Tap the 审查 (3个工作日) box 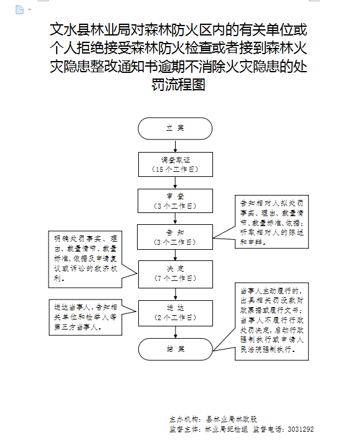(175, 201)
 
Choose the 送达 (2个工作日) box (175, 312)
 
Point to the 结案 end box (175, 349)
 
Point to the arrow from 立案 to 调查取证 (175, 146)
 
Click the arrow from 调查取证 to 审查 (175, 183)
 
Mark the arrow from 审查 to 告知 (175, 218)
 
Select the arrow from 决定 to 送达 (175, 292)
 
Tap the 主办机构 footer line (217, 420)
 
